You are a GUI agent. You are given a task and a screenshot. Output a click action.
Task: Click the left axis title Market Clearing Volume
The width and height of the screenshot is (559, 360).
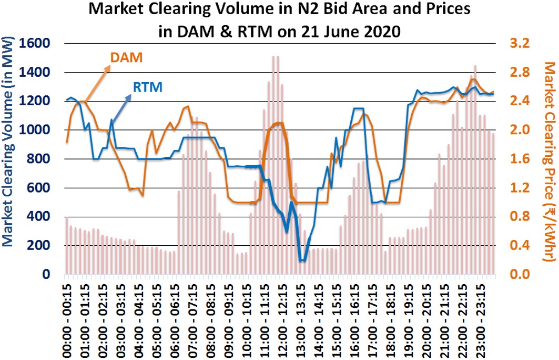9,158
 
